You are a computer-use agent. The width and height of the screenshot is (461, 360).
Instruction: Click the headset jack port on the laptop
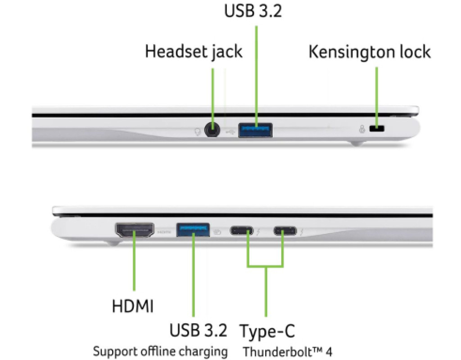click(212, 130)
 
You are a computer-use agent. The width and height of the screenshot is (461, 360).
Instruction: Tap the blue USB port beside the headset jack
click(256, 130)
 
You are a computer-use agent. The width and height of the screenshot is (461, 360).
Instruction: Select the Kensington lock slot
click(377, 129)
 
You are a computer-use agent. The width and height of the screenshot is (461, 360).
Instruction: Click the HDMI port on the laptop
click(135, 230)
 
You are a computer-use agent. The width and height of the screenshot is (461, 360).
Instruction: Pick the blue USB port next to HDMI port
click(193, 230)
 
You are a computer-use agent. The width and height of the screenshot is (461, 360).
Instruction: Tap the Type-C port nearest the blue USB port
click(242, 230)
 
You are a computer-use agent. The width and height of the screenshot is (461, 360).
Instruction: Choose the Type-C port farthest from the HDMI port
click(285, 230)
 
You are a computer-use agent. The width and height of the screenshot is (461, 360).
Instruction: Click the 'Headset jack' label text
click(194, 51)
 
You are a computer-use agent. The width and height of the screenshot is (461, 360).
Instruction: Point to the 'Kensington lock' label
click(370, 52)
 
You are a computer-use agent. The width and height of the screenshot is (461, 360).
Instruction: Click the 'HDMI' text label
click(133, 306)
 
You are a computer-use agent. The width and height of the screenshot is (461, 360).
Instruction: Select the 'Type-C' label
click(267, 331)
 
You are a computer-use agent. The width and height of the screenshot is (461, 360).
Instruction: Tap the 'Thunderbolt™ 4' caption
click(288, 351)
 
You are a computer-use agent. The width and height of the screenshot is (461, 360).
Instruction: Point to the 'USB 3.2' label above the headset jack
click(253, 11)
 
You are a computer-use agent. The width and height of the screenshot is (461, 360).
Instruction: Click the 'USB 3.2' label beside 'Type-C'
click(199, 330)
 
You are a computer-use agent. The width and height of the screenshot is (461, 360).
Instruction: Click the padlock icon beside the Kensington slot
click(362, 129)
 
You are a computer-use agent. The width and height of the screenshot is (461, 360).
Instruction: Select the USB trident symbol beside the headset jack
click(230, 132)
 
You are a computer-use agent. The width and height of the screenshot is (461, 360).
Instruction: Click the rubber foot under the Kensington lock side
click(356, 143)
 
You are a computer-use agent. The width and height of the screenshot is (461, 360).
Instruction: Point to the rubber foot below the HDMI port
click(113, 243)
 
